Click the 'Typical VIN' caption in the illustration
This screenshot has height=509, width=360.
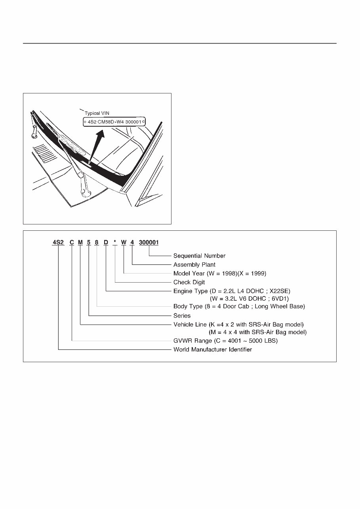click(97, 113)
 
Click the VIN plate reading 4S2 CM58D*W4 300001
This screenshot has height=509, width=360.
click(114, 122)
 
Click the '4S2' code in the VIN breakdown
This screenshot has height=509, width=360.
click(58, 243)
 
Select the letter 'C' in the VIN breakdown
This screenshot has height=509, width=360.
click(72, 243)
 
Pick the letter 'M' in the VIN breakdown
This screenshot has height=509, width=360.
click(80, 243)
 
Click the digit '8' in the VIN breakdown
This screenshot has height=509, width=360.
click(97, 243)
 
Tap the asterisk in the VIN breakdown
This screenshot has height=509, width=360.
click(115, 243)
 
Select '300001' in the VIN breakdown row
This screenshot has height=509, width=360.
click(149, 243)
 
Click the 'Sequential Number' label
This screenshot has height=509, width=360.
click(199, 256)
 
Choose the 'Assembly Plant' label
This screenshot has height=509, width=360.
click(194, 264)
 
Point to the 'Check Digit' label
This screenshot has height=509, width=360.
click(189, 282)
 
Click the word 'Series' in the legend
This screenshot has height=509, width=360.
click(182, 315)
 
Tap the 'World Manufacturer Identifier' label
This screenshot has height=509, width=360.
click(212, 349)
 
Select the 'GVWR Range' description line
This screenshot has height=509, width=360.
click(225, 341)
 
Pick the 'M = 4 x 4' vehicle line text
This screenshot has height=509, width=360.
click(257, 332)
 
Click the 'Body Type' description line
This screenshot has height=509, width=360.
click(239, 306)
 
